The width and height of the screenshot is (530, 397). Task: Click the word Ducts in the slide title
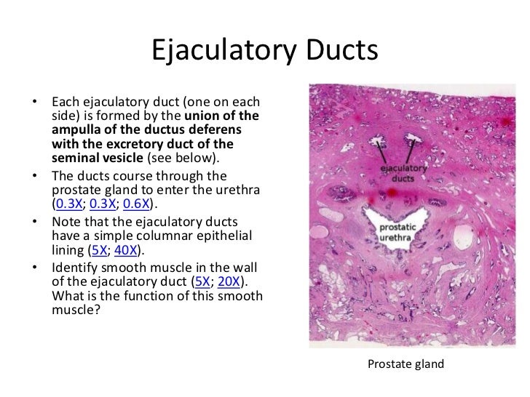339,51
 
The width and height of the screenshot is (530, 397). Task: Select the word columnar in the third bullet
150,236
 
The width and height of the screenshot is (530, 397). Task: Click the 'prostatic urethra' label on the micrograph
400,233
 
